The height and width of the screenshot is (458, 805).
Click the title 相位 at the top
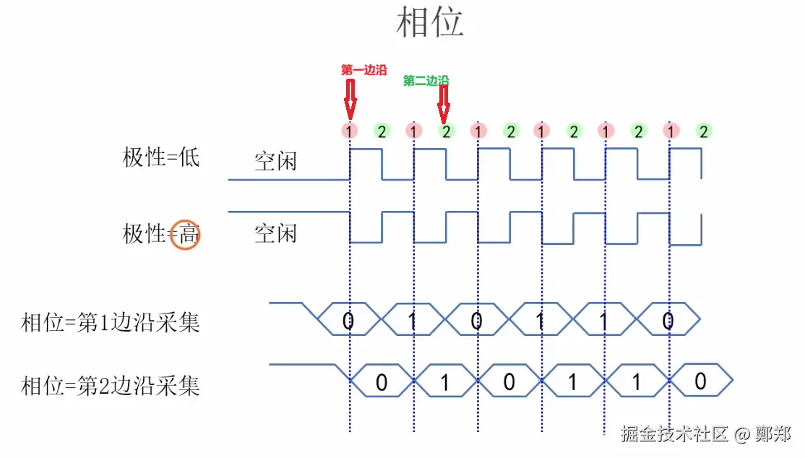[430, 22]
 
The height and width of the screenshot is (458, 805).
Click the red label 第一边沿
[363, 70]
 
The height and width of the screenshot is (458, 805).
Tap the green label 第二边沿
[426, 81]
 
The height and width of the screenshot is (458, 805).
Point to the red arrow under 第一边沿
[350, 99]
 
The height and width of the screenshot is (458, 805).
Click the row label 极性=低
[160, 157]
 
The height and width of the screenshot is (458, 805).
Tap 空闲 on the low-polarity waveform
[275, 160]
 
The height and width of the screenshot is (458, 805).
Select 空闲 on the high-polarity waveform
[275, 233]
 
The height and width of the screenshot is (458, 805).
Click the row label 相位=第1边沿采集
[111, 322]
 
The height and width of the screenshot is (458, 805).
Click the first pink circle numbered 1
[350, 131]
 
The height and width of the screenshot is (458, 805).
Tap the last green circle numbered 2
[702, 131]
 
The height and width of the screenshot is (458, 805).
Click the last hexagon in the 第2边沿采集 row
[700, 381]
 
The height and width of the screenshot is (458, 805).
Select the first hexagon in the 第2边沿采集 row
[382, 381]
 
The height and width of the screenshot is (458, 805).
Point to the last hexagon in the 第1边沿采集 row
[668, 319]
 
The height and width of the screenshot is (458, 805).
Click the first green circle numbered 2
[382, 131]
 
